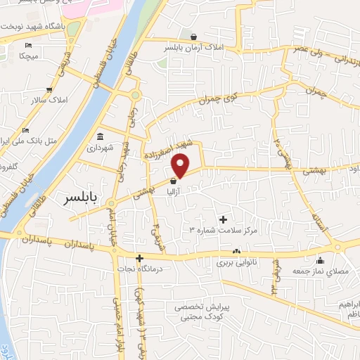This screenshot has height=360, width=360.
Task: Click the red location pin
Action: pos(181,165)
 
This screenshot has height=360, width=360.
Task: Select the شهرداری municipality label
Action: pos(100,148)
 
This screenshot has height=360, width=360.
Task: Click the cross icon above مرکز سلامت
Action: pos(223,219)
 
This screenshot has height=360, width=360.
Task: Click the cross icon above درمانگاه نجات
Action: pos(140,258)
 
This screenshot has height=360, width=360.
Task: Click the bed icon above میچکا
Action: pos(29,45)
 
